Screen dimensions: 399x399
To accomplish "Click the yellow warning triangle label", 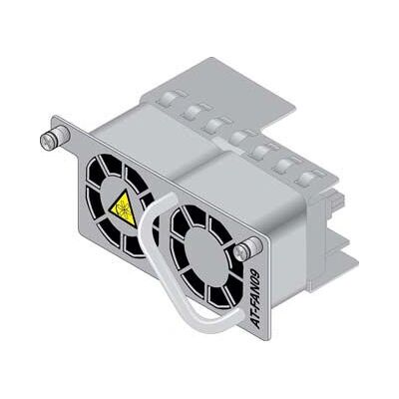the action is click(x=124, y=208).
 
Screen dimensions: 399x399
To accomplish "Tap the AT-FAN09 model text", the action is click(x=255, y=299).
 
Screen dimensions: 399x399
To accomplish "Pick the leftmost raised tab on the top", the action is click(x=171, y=99).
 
